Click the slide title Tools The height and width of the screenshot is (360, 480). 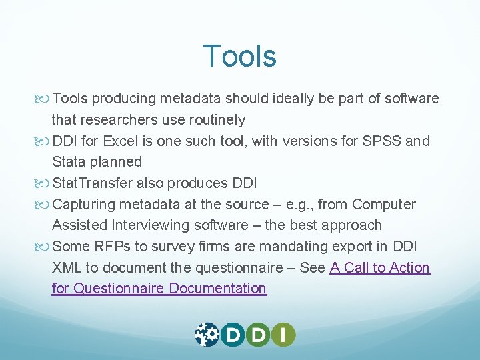pyautogui.click(x=239, y=56)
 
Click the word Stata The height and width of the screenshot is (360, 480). pyautogui.click(x=69, y=162)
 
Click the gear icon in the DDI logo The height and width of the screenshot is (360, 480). pyautogui.click(x=207, y=334)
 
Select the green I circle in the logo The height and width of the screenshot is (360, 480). pyautogui.click(x=283, y=334)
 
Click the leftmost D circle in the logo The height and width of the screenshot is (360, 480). pyautogui.click(x=233, y=334)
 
